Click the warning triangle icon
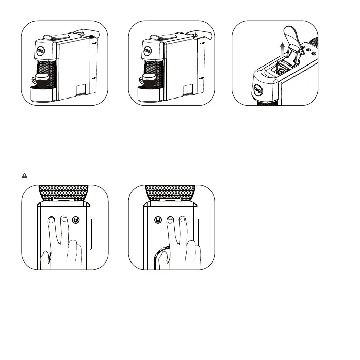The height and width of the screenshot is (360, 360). pyautogui.click(x=24, y=175)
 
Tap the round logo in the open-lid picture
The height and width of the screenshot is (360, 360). pyautogui.click(x=258, y=90)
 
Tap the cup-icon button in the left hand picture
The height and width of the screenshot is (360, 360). pyautogui.click(x=75, y=220)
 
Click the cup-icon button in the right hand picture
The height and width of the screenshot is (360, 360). pyautogui.click(x=158, y=220)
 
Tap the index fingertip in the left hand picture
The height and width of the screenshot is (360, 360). pyautogui.click(x=52, y=220)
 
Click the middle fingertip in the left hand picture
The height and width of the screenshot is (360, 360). pyautogui.click(x=63, y=219)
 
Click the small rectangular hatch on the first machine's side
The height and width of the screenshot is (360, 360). pyautogui.click(x=80, y=90)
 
